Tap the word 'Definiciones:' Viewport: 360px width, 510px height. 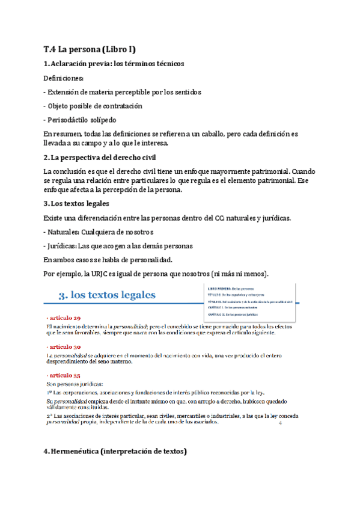[64, 78]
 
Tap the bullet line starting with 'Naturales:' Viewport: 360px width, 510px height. [90, 232]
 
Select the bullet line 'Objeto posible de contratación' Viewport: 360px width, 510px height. [93, 106]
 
